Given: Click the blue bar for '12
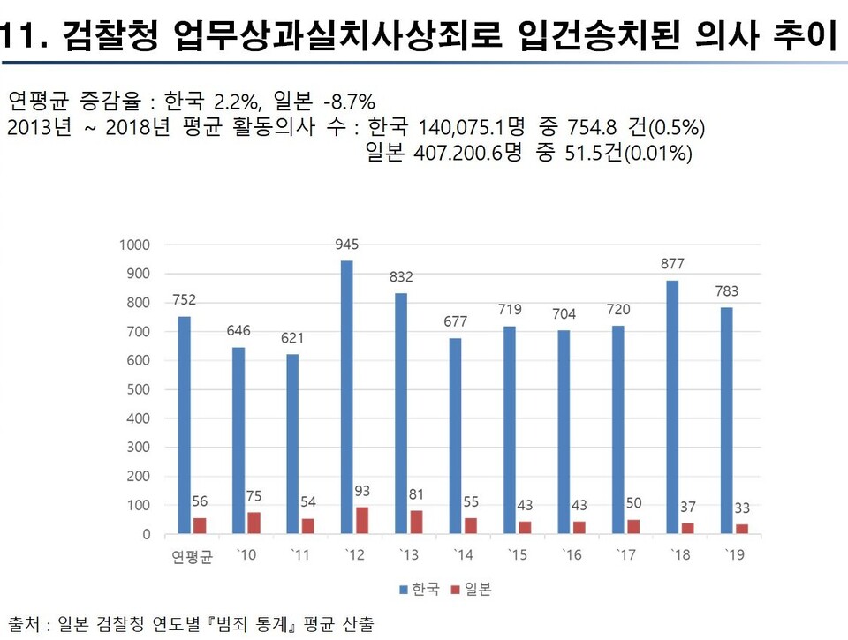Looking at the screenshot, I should point(347,397).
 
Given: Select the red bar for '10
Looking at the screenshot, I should point(254,523).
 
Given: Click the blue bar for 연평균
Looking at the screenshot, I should point(185,425).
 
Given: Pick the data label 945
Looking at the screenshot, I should point(347,244).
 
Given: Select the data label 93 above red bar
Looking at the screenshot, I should point(362,490).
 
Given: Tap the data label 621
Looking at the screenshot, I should point(293,338).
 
